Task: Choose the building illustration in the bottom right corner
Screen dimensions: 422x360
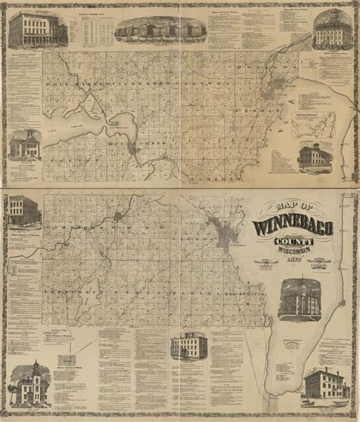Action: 326,387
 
